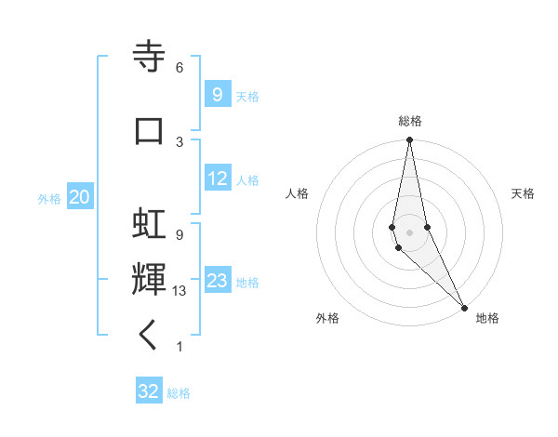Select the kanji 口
pyautogui.click(x=149, y=129)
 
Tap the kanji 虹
pyautogui.click(x=149, y=223)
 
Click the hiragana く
pyautogui.click(x=149, y=336)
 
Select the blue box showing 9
pyautogui.click(x=217, y=95)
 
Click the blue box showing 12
pyautogui.click(x=218, y=179)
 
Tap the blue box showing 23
pyautogui.click(x=218, y=281)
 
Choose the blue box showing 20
pyautogui.click(x=80, y=197)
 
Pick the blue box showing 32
pyautogui.click(x=149, y=391)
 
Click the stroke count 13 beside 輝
pyautogui.click(x=180, y=291)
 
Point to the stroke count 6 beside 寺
pyautogui.click(x=179, y=68)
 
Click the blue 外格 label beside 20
pyautogui.click(x=49, y=198)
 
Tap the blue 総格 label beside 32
pyautogui.click(x=179, y=392)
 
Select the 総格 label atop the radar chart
pyautogui.click(x=410, y=121)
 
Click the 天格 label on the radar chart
pyautogui.click(x=523, y=193)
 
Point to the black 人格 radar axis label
pyautogui.click(x=297, y=193)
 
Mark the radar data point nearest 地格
pyautogui.click(x=464, y=307)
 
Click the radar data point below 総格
pyautogui.click(x=409, y=140)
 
